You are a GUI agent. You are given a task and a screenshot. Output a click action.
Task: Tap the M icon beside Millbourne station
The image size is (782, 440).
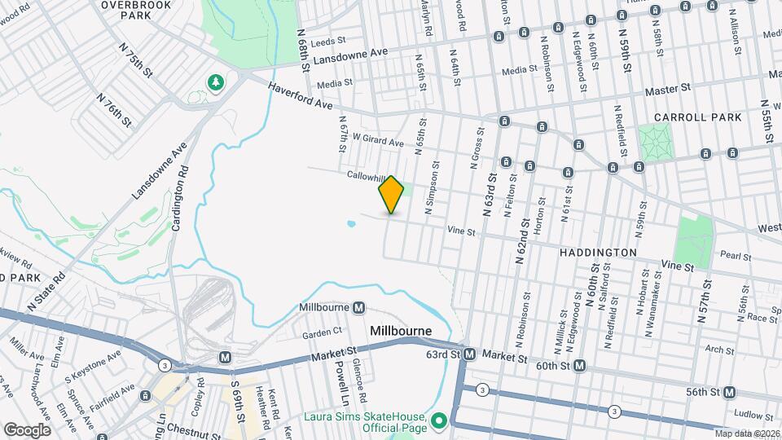(x=359, y=307)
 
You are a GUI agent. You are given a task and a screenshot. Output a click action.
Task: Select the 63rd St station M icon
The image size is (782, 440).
(x=470, y=354)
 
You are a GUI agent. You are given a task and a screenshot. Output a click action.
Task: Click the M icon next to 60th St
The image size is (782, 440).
(x=579, y=365)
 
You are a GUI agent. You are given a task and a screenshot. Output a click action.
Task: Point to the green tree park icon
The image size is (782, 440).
(x=216, y=81)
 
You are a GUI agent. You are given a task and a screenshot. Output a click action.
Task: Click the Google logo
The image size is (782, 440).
(x=26, y=429)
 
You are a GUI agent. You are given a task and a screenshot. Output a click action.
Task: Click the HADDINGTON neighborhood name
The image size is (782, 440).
(x=598, y=253)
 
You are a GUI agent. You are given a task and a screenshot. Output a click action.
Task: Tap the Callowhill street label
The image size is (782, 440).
(x=365, y=175)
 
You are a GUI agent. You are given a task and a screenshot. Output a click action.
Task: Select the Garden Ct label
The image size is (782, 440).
(x=322, y=333)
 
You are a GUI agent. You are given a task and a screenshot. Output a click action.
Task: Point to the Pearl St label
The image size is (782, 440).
(x=735, y=257)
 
